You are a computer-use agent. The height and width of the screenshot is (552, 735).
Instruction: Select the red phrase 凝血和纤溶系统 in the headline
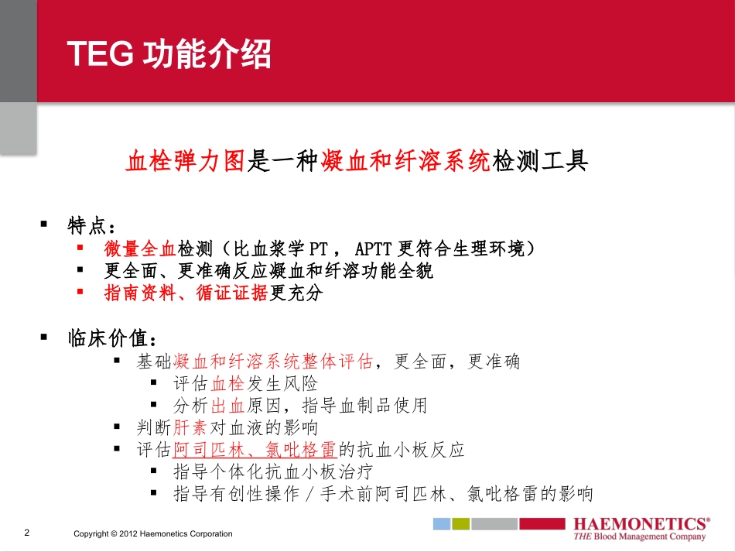406,161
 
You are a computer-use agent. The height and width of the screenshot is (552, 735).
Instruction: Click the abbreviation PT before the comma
318,249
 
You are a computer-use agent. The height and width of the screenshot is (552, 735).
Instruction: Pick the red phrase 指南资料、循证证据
186,293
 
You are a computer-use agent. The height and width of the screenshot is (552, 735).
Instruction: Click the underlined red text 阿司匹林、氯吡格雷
255,450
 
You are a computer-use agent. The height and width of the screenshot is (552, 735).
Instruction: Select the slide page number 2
27,533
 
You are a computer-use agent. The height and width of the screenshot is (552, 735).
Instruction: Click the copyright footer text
152,534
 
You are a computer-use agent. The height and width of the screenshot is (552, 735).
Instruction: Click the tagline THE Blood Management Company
639,537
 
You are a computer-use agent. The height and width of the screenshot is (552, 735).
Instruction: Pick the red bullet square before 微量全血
80,248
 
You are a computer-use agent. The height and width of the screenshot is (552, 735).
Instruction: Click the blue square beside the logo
441,524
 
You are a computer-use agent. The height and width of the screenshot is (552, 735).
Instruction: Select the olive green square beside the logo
461,524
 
